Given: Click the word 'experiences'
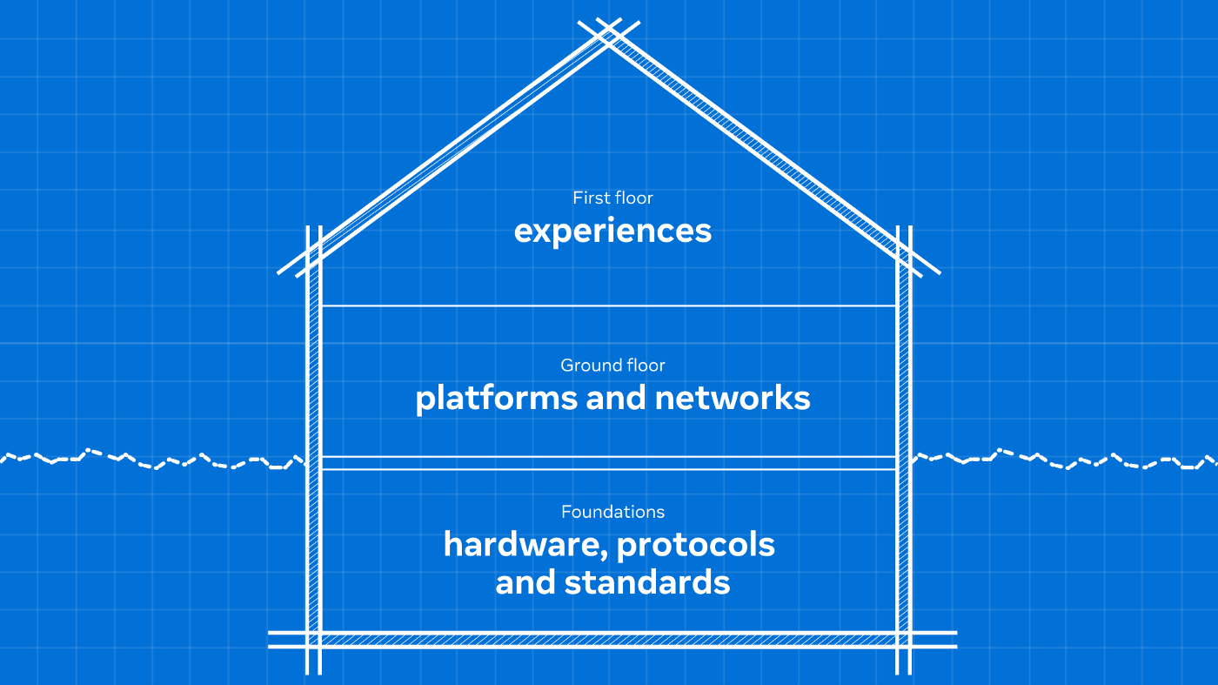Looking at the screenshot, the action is point(612,232).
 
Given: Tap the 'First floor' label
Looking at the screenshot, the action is point(612,198).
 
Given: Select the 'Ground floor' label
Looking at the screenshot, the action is point(612,365).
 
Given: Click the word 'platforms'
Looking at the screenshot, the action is point(497,399).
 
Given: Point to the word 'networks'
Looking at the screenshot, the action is point(733,398).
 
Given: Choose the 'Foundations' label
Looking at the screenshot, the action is point(612,512).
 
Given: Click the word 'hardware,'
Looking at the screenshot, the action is point(525,545).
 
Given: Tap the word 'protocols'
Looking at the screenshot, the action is point(696,545).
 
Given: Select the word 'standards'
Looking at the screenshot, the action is point(647,582).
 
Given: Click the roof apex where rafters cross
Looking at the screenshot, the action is point(609,35).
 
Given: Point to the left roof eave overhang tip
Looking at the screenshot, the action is point(278,273).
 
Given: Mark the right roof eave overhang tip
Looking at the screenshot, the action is point(939,273).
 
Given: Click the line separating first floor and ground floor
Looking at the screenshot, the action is point(609,306).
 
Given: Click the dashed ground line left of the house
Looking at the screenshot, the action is point(153,460).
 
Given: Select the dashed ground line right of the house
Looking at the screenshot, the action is point(1065,460).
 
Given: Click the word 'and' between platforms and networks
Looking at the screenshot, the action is point(616,398).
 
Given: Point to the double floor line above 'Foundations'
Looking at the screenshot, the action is point(609,462).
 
